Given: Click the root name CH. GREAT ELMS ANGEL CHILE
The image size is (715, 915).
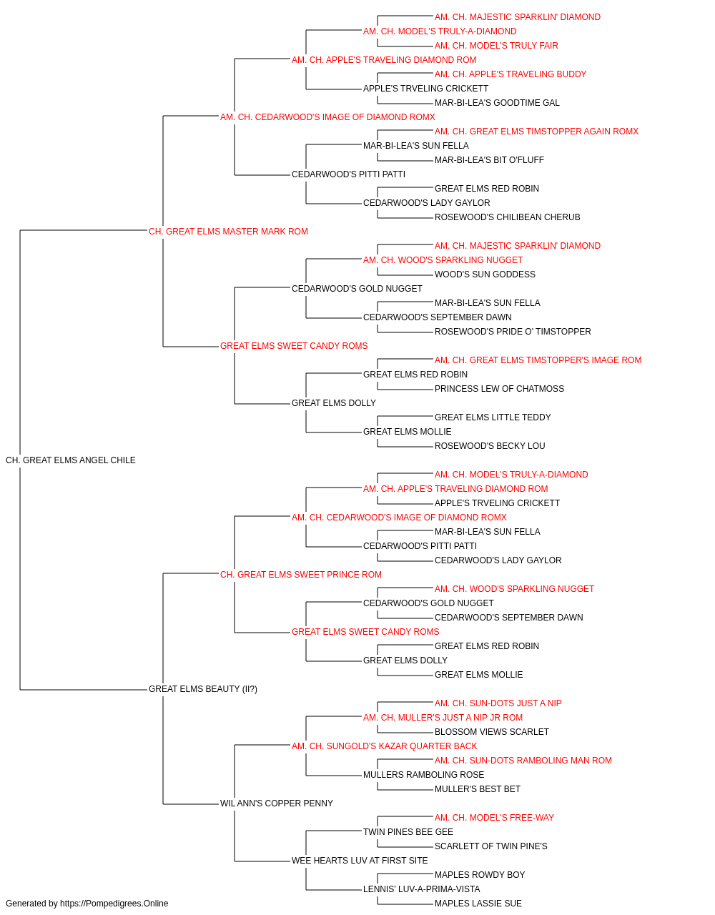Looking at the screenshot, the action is [x=71, y=460].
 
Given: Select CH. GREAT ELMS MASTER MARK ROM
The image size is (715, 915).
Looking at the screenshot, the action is [x=228, y=232].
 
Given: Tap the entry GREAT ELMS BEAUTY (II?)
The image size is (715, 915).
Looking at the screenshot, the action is [x=203, y=689].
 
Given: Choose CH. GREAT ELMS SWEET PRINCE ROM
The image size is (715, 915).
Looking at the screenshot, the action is [x=301, y=575].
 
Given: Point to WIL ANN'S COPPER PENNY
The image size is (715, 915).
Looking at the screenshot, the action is [x=277, y=803].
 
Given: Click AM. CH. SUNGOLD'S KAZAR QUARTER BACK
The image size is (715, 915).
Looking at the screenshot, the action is [x=385, y=746].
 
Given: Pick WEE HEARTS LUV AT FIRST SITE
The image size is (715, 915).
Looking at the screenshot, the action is [x=360, y=861].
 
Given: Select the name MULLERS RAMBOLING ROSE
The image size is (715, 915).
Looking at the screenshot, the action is [x=423, y=775].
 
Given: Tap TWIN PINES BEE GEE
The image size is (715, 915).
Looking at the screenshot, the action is [x=408, y=832].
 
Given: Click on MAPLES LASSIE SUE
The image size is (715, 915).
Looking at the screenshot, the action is [x=478, y=904].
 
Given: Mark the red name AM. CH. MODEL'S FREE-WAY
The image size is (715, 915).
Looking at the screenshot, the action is [x=494, y=818].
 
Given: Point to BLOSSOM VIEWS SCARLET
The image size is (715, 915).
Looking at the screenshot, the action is [x=492, y=732].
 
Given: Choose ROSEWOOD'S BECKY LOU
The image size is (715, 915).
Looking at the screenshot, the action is [x=490, y=446].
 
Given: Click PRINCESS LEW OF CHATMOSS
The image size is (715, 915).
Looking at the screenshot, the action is [x=499, y=389].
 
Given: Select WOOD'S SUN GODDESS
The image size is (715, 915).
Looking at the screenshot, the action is [x=485, y=274].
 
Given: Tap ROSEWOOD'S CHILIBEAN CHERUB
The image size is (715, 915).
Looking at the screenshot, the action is [x=508, y=217].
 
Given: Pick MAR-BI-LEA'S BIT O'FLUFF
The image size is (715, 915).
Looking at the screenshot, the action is [x=489, y=160].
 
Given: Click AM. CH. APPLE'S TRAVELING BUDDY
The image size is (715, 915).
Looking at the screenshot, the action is [x=511, y=74].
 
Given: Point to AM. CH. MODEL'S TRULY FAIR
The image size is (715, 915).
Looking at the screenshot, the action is [x=496, y=46].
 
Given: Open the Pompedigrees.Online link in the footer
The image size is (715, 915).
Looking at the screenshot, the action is [x=114, y=904].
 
